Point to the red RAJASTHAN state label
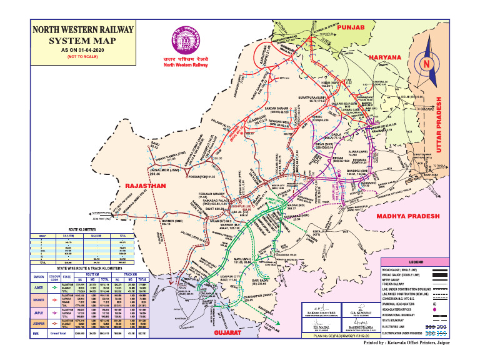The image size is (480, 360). [x=145, y=186]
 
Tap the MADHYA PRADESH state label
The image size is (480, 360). [x=409, y=216]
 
